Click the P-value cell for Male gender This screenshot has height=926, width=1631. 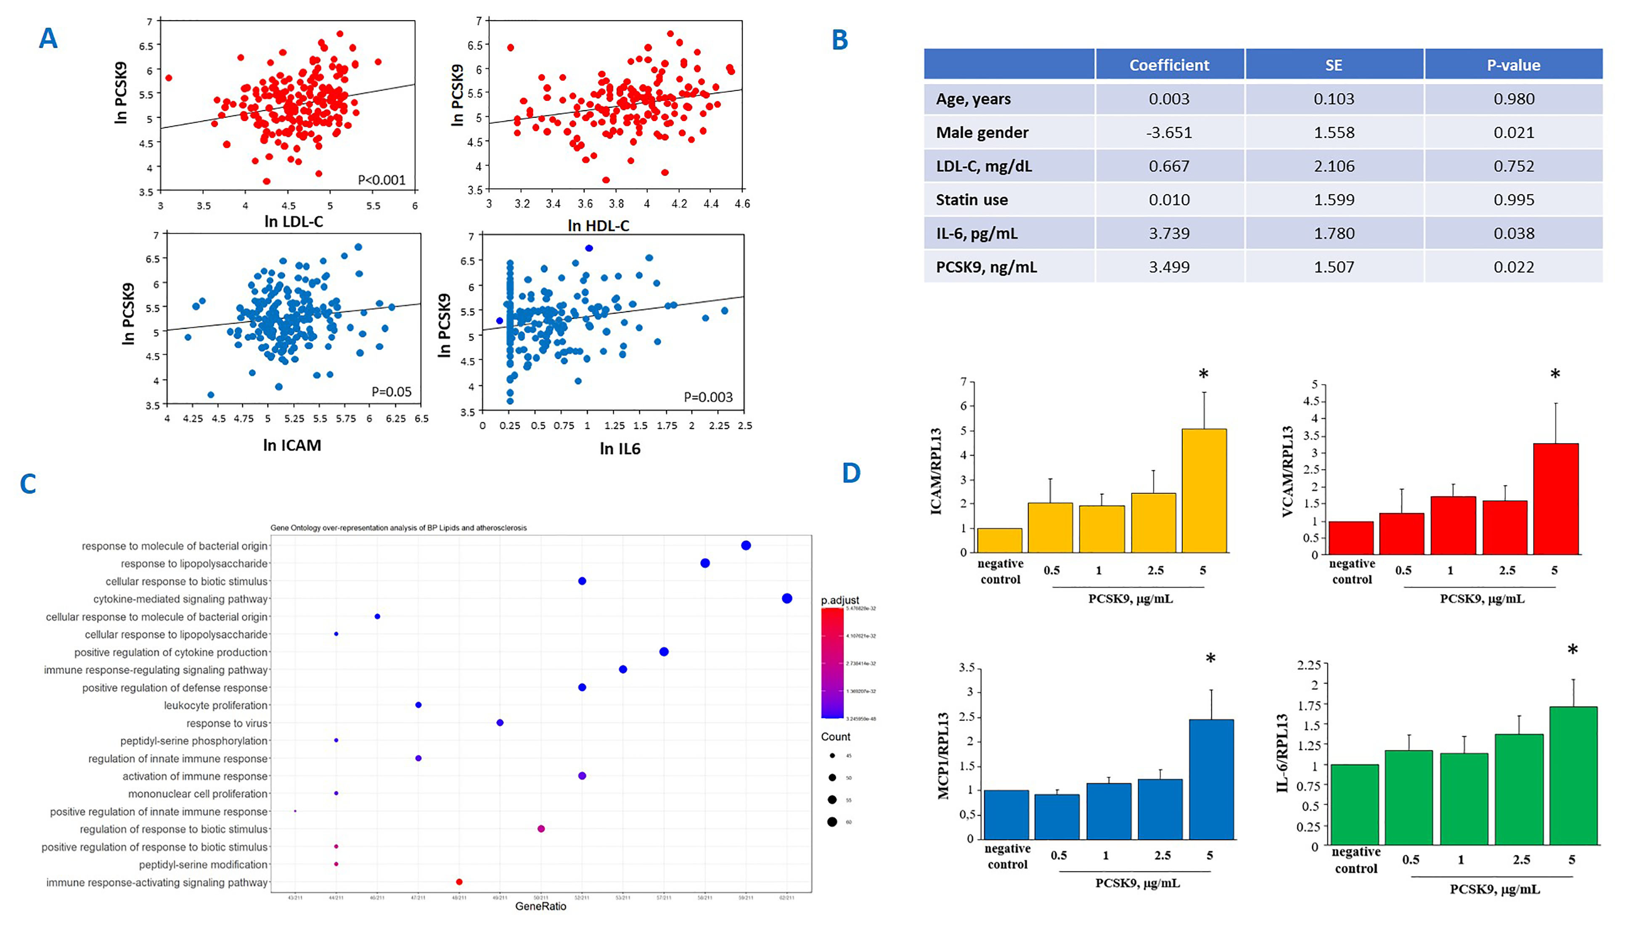[1513, 132]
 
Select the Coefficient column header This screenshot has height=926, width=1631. [1169, 65]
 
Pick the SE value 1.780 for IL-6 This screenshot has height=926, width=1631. [1333, 233]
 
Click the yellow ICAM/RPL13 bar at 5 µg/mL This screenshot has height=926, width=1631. [1204, 490]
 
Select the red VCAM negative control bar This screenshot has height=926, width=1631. [1350, 537]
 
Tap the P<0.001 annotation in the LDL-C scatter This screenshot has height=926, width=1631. [381, 180]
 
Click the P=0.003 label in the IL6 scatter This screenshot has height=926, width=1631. [708, 397]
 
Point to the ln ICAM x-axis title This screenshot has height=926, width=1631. [292, 445]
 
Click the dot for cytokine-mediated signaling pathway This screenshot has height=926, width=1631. [786, 598]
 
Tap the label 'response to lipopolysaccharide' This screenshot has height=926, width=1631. [194, 564]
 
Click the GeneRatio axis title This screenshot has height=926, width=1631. [540, 906]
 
